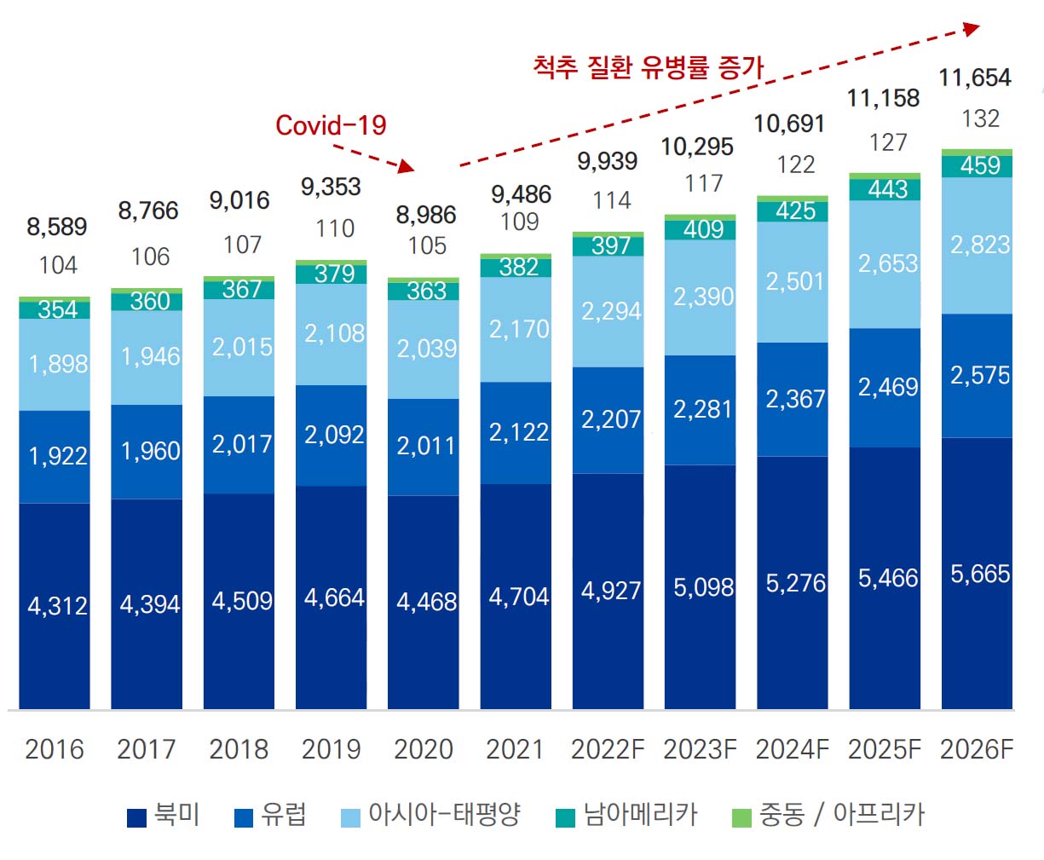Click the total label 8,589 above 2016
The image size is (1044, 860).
(x=57, y=227)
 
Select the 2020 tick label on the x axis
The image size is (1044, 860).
(x=424, y=749)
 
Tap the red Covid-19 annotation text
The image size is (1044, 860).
(x=331, y=125)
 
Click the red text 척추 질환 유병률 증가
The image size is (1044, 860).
(x=648, y=66)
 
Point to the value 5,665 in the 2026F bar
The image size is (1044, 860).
(x=980, y=574)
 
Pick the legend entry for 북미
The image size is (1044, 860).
(x=164, y=816)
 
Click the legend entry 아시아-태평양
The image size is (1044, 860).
(x=431, y=816)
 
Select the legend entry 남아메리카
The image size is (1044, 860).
(x=627, y=816)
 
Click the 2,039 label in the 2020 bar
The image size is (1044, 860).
(x=427, y=349)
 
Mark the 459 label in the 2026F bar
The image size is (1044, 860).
(x=980, y=165)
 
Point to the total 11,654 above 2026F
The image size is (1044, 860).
(x=975, y=78)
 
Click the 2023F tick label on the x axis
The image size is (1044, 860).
(x=700, y=749)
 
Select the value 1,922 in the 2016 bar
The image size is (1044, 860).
(x=58, y=456)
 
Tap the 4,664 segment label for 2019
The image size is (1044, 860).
(x=334, y=597)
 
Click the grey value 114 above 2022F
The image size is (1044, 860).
(x=612, y=200)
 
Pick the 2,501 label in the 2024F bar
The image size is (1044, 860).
(x=795, y=281)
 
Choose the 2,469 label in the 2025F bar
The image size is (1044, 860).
(x=888, y=388)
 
